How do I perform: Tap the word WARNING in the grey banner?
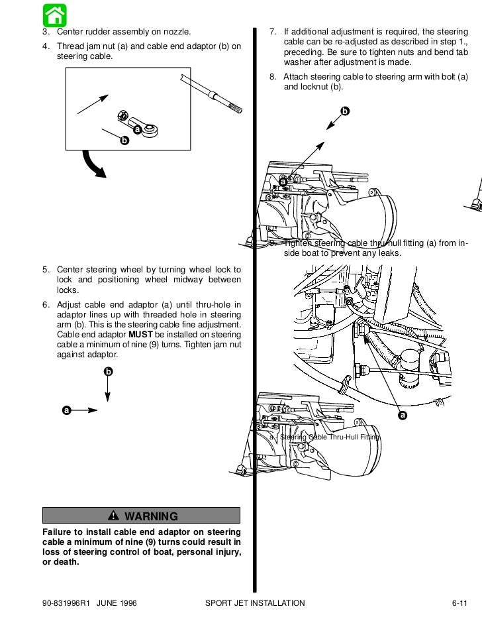click(151, 516)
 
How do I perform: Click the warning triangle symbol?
click(113, 516)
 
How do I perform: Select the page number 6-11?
click(459, 602)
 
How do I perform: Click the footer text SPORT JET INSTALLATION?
click(255, 602)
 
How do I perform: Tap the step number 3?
click(46, 32)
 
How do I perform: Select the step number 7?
click(272, 32)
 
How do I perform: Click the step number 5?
click(46, 270)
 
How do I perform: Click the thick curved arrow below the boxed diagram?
click(94, 165)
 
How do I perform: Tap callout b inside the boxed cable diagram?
click(122, 141)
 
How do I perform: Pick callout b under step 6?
click(108, 371)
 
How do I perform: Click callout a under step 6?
click(66, 410)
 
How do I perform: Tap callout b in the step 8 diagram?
click(343, 110)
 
